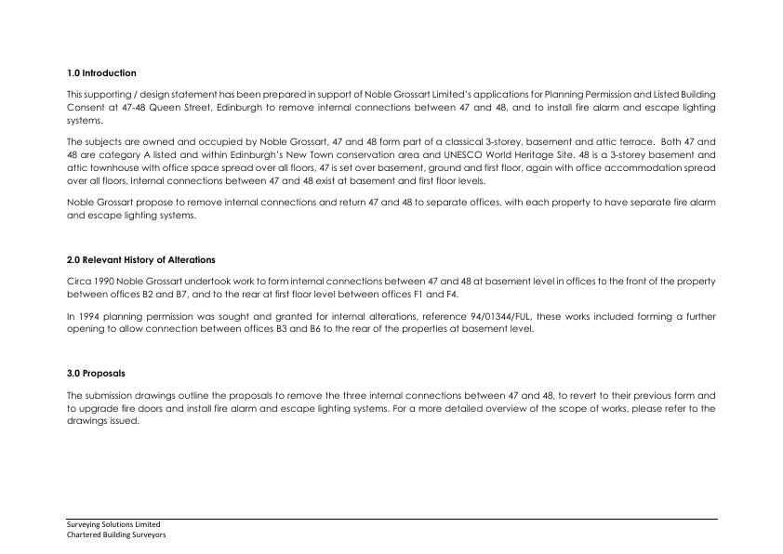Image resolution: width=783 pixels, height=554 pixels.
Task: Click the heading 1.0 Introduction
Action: (x=101, y=73)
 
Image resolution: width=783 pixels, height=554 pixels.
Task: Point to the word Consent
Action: (x=85, y=108)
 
